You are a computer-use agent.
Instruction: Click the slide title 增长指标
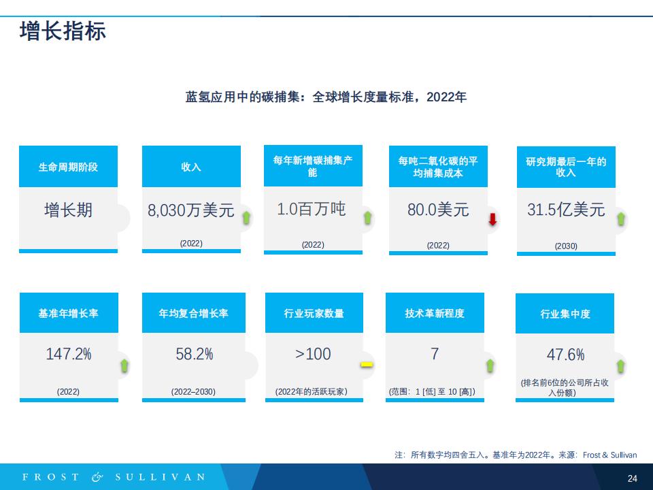[63, 31]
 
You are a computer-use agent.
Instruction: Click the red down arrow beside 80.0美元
[492, 219]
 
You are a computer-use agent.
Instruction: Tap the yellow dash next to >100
[367, 365]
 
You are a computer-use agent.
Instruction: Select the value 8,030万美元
[190, 210]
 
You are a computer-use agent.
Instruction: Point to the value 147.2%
[69, 354]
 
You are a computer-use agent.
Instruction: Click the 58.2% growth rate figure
[194, 354]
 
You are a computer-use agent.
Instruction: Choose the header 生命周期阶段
[68, 167]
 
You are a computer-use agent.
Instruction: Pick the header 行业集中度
[565, 314]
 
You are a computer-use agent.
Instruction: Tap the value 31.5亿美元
[566, 210]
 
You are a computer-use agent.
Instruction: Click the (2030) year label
[566, 246]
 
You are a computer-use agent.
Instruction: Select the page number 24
[632, 478]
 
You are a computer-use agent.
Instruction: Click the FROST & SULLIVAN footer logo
[114, 477]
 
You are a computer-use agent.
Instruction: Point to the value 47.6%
[565, 355]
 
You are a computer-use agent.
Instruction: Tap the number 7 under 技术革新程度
[435, 354]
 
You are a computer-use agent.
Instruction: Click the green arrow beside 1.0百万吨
[368, 218]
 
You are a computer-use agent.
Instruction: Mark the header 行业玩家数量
[314, 313]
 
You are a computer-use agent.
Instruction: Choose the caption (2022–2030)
[193, 392]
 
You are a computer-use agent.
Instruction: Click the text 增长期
[68, 210]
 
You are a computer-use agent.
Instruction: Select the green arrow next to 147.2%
[124, 365]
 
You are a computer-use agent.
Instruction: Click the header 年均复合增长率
[194, 313]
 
